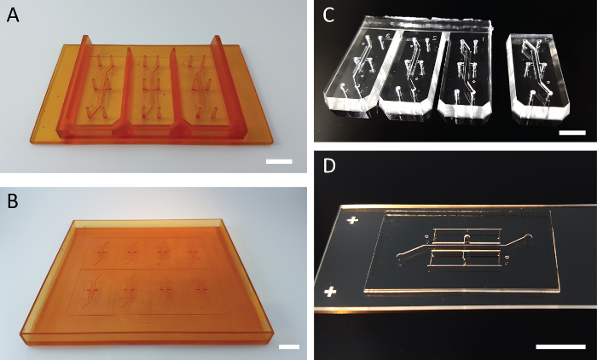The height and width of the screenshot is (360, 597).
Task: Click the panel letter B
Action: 13,201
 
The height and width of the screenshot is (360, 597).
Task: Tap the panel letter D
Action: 329,165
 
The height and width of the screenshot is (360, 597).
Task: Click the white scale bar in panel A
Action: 279,161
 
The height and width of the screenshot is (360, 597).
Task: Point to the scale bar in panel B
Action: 289,346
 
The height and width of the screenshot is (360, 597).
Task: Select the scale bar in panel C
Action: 572,132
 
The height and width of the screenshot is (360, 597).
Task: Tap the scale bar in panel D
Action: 560,346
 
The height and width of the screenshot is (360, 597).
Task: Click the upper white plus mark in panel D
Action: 351,221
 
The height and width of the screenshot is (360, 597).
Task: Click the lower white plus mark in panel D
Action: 330,293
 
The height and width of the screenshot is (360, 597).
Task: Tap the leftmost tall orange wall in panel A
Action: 72,87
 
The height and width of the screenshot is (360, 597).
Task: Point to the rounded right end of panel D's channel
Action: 527,237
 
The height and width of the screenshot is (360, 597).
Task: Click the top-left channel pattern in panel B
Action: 102,251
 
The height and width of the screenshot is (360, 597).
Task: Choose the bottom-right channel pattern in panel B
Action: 200,290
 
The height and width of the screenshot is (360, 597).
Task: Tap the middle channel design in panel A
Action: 152,85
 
